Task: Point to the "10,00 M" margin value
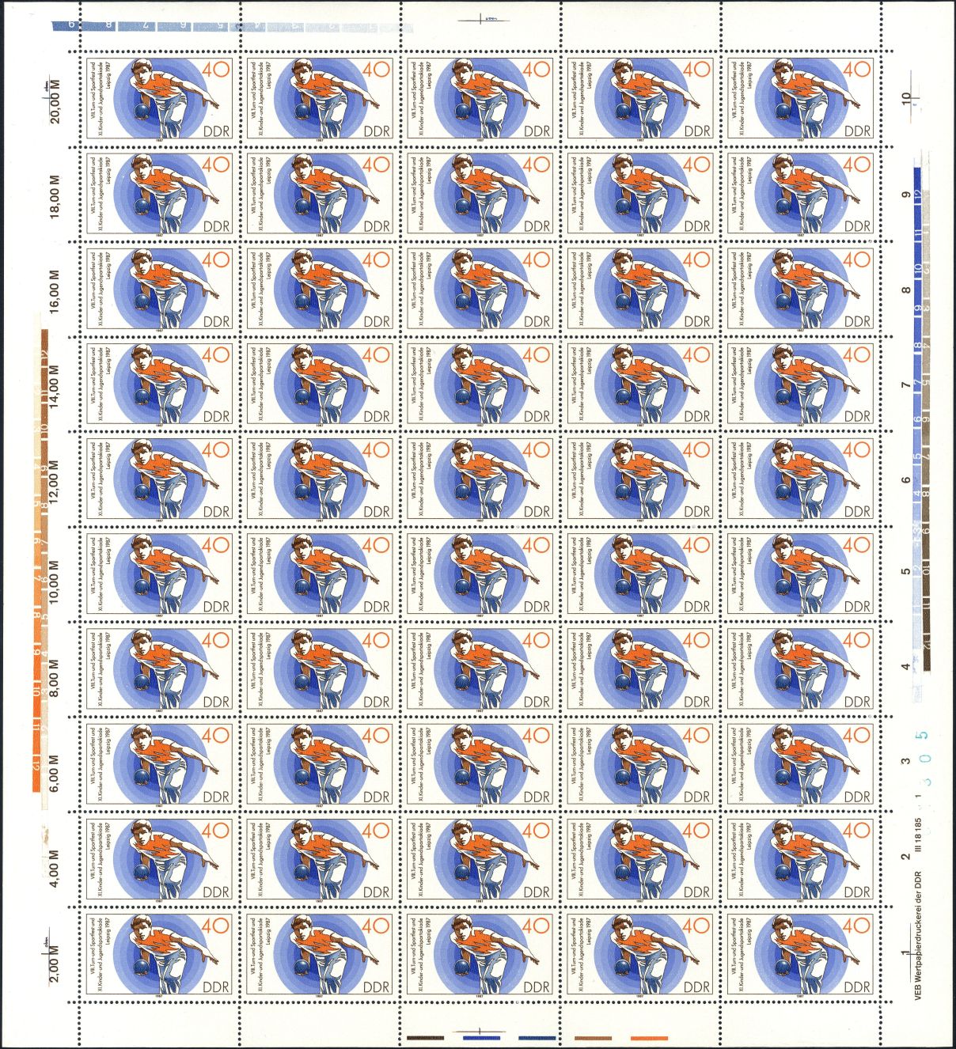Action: [55, 576]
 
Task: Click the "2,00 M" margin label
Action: [55, 956]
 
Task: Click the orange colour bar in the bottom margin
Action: [649, 1038]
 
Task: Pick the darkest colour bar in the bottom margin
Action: [426, 1038]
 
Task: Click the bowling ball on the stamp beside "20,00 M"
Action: [142, 112]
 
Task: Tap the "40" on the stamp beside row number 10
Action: [857, 70]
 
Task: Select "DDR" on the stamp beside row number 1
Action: [856, 987]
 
